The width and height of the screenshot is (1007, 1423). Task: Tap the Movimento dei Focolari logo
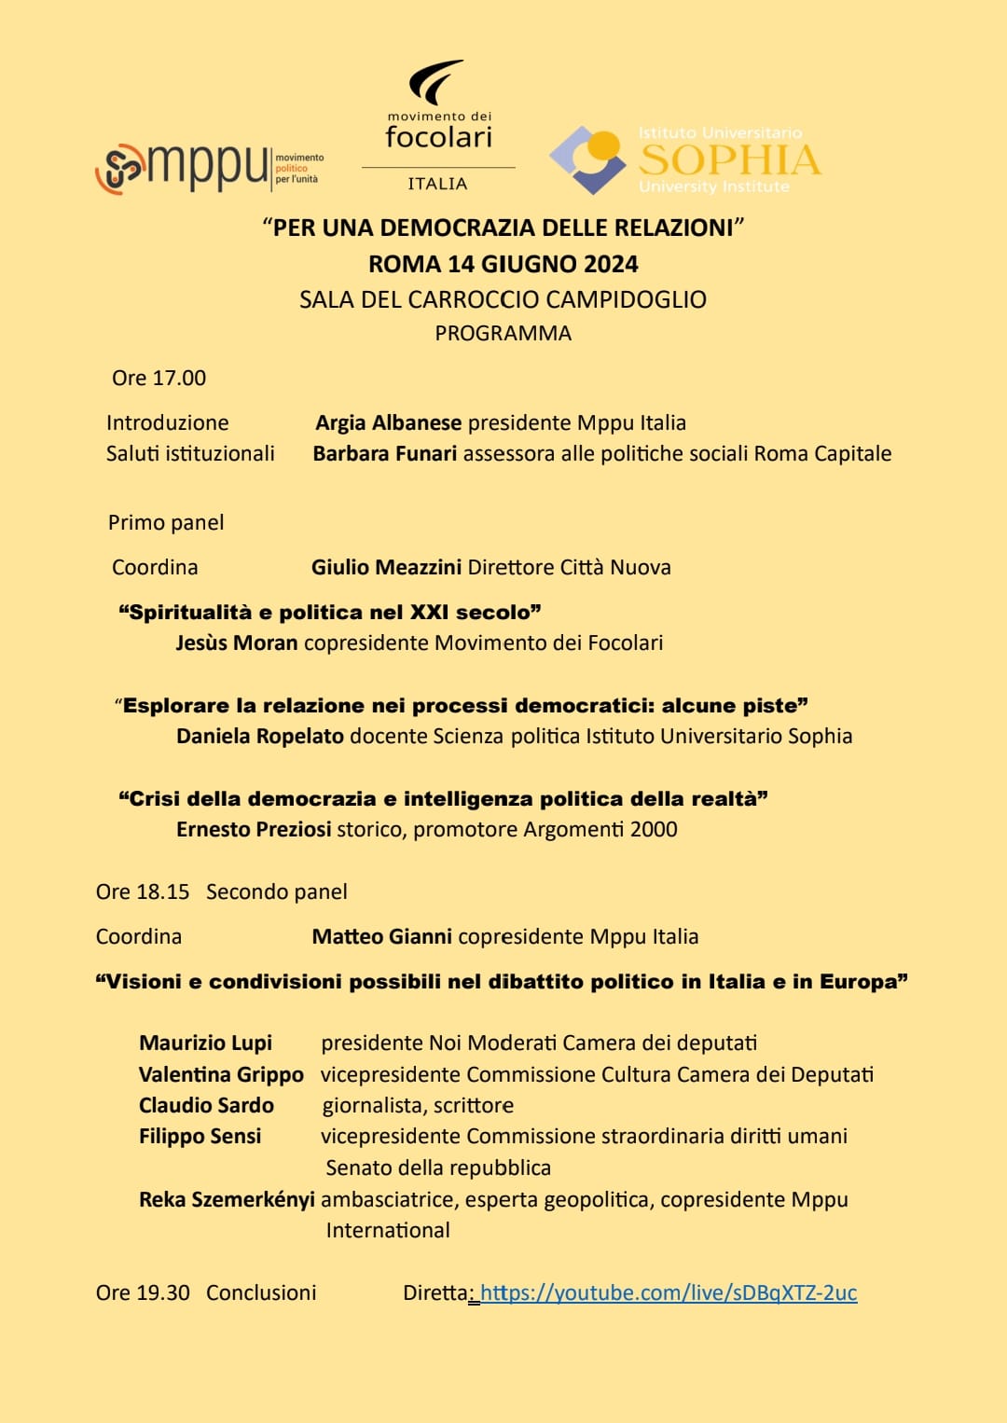coord(438,127)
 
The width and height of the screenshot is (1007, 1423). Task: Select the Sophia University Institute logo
coord(685,159)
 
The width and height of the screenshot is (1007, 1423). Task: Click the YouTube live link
coord(669,1292)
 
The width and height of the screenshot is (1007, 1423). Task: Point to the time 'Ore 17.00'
coord(159,378)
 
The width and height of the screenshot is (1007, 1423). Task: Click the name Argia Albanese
coord(388,422)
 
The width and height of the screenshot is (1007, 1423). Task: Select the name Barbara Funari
coord(384,453)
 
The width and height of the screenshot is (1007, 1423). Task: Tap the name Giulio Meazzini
coord(386,567)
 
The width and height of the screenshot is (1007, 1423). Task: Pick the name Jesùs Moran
coord(237,642)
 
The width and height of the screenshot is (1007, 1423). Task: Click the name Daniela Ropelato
coord(260,736)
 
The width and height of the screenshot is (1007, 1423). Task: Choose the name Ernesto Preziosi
coord(254,829)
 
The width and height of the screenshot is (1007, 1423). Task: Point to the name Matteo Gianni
coord(381,936)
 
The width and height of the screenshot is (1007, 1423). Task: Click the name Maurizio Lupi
coord(205,1043)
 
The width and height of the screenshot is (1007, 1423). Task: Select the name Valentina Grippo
coord(221,1074)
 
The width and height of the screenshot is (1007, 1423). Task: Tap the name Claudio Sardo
coord(206,1105)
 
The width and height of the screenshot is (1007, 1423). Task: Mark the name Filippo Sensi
coord(200,1136)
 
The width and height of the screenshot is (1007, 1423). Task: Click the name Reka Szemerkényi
coord(227,1199)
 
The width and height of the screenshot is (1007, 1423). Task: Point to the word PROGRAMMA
coord(503,333)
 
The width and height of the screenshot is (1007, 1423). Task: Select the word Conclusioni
coord(261,1292)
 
